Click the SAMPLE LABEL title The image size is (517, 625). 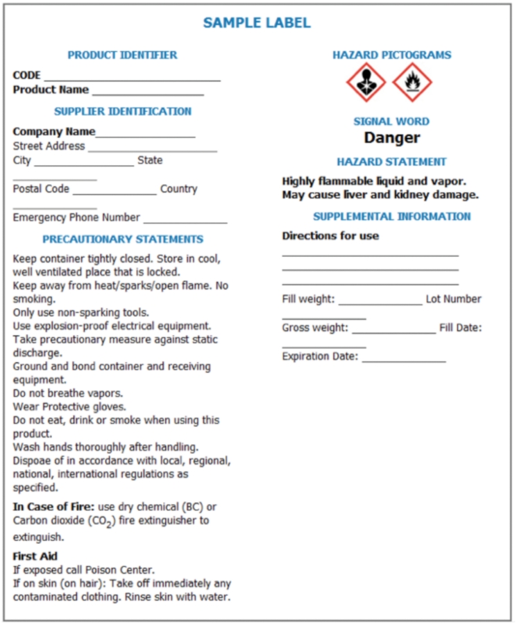point(257,23)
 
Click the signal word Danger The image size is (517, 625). point(391,137)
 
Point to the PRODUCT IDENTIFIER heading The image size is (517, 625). point(122,55)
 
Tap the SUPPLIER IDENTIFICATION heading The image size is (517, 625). point(123,111)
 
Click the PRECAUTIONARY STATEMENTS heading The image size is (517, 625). point(123,239)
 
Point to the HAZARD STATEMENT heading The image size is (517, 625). point(391,162)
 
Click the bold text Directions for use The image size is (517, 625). point(330,235)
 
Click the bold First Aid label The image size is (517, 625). point(35,556)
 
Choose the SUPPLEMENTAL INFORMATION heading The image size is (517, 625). point(391,216)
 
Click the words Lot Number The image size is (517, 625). point(453,299)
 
